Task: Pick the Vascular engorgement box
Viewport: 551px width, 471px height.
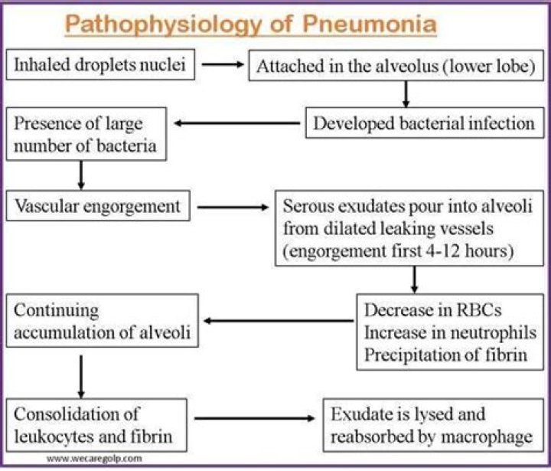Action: pyautogui.click(x=98, y=205)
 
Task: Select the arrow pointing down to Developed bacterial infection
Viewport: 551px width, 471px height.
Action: pyautogui.click(x=407, y=93)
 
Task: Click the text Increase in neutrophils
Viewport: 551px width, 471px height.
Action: pyautogui.click(x=450, y=332)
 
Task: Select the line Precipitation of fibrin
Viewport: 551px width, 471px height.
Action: pyautogui.click(x=445, y=353)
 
